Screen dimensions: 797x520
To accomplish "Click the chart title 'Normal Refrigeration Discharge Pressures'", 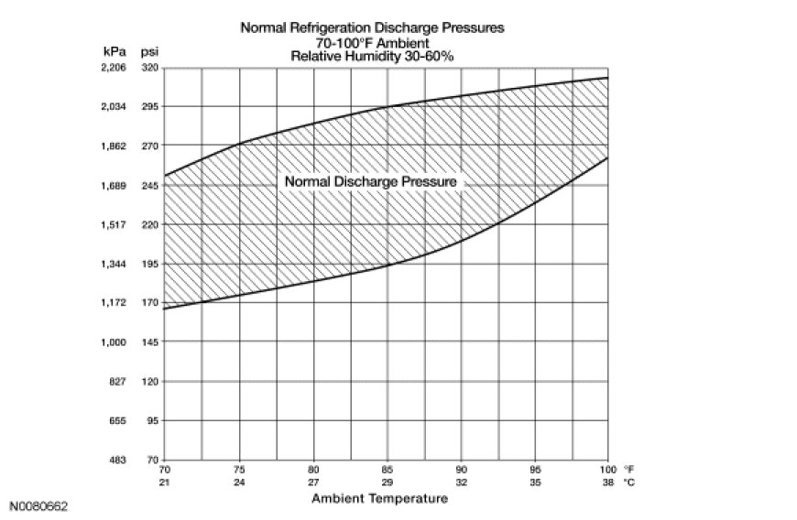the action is (x=372, y=27).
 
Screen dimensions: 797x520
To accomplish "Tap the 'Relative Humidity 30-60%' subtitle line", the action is (x=372, y=56).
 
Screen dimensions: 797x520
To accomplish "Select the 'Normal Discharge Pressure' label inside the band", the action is (x=370, y=181).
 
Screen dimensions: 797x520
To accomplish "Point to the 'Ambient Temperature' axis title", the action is (x=379, y=498).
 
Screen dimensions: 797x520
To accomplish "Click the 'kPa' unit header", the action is (x=115, y=51).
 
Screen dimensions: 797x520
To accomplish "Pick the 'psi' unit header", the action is (x=149, y=52).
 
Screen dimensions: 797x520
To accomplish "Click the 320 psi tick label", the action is (x=150, y=68).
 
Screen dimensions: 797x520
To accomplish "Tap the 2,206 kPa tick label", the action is (x=114, y=68).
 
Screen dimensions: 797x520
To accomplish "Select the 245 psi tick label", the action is (x=150, y=186).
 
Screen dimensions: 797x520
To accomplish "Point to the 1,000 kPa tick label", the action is (x=114, y=342).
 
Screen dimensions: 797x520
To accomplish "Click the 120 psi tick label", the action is (x=150, y=382).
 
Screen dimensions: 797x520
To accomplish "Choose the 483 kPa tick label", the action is (x=117, y=460).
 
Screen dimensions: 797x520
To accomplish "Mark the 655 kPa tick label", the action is (x=117, y=421).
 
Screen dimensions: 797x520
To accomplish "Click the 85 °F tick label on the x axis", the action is (x=388, y=470).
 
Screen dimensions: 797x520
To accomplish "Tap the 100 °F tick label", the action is (x=608, y=470).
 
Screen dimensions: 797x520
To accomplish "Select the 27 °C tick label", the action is (x=313, y=482).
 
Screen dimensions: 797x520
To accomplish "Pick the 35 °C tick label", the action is (x=535, y=482).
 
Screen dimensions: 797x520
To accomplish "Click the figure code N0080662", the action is (x=38, y=506).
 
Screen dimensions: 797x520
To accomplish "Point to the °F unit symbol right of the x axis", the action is (x=628, y=470).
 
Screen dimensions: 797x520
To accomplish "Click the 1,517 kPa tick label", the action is (x=114, y=224).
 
